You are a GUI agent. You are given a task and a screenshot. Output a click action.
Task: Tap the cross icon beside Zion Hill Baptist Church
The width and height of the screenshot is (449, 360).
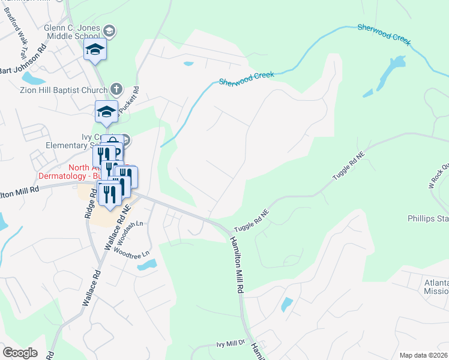pyautogui.click(x=117, y=90)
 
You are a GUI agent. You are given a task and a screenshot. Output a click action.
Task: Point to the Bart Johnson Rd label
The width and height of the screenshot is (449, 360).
pyautogui.click(x=23, y=63)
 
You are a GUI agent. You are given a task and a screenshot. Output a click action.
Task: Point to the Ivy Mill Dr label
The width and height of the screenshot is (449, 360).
pyautogui.click(x=231, y=344)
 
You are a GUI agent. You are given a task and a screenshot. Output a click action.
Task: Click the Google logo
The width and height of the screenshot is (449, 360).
pyautogui.click(x=20, y=352)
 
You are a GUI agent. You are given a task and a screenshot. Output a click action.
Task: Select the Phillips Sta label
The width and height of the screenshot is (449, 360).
pyautogui.click(x=427, y=218)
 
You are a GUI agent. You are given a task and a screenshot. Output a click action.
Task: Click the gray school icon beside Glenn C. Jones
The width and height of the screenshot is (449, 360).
pyautogui.click(x=109, y=31)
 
